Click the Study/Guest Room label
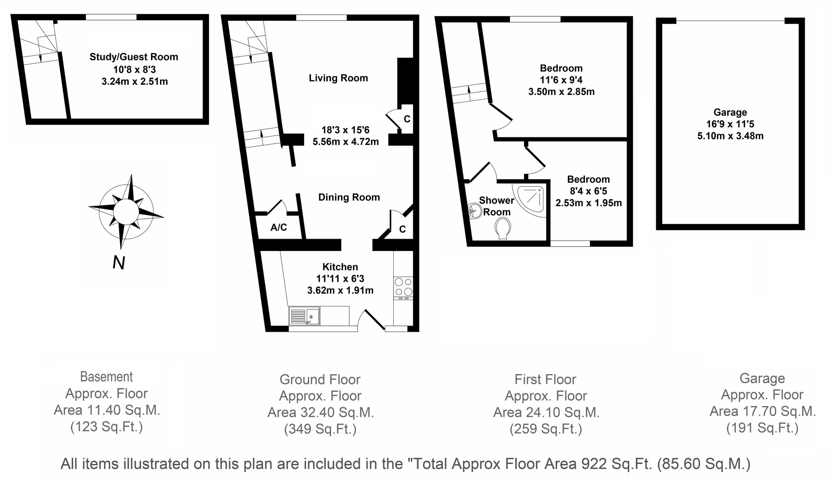[x=134, y=57]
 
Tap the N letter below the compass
[x=119, y=263]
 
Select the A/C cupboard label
[x=278, y=227]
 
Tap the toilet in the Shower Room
[x=503, y=230]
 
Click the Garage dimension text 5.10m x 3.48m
[x=730, y=136]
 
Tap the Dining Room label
[x=349, y=197]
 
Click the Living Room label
[x=338, y=78]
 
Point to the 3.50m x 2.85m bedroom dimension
[x=561, y=92]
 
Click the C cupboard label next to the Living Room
[x=407, y=119]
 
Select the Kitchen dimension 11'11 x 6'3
[x=340, y=279]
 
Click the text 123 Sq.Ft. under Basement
[x=107, y=427]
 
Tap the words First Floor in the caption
[x=545, y=379]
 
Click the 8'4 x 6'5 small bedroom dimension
[x=588, y=191]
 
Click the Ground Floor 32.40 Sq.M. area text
[x=321, y=413]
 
